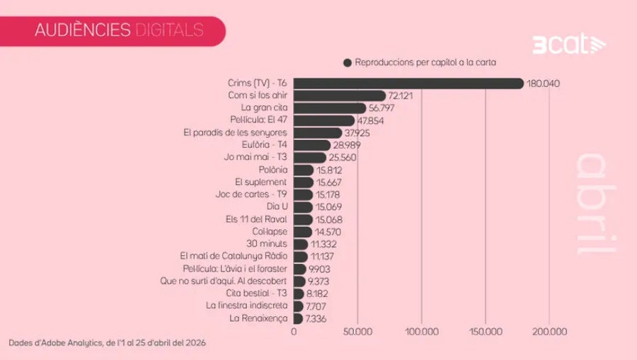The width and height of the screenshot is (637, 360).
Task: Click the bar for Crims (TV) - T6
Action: point(408,83)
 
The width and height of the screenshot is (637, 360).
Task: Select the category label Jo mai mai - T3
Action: point(255,157)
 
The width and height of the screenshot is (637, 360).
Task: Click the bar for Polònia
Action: point(304,170)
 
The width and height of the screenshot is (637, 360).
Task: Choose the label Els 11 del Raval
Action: point(256,219)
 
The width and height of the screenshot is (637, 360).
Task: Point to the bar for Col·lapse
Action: point(303,231)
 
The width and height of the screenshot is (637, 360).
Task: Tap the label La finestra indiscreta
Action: point(246,306)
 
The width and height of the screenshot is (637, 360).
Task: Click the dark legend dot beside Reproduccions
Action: point(348,62)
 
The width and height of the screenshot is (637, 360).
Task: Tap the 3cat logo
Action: point(559,45)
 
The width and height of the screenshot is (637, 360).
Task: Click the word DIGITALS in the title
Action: point(168,30)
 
